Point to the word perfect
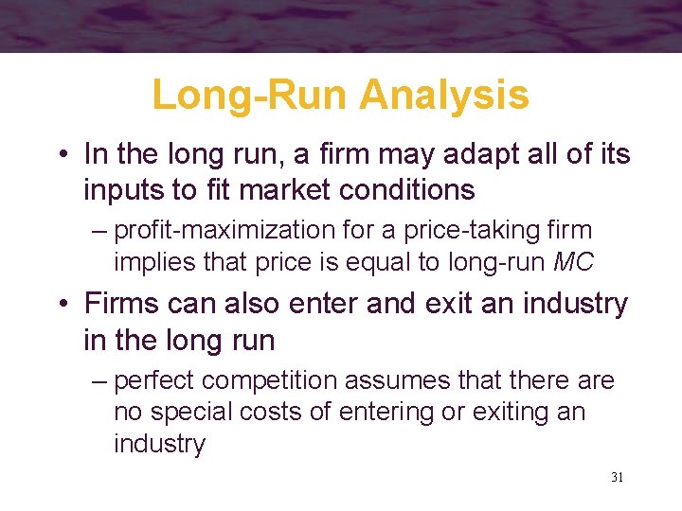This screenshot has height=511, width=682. tap(155, 380)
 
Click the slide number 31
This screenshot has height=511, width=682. tap(617, 477)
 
